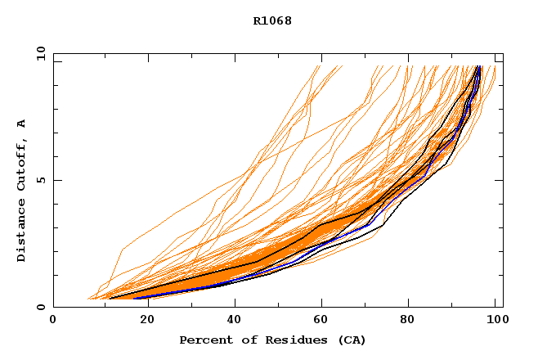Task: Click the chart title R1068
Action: point(272,20)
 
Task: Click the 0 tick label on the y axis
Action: point(41,307)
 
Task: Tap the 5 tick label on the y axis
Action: point(41,180)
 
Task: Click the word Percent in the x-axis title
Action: point(202,340)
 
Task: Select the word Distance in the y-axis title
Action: point(21,232)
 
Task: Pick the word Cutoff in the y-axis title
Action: point(21,164)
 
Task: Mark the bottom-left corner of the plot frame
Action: point(53,307)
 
